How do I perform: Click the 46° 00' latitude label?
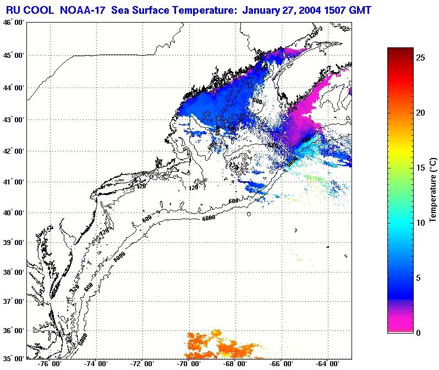click(13, 23)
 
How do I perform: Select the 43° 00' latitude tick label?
click(13, 119)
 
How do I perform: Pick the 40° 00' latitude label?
click(13, 213)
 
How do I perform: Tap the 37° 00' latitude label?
click(13, 302)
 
